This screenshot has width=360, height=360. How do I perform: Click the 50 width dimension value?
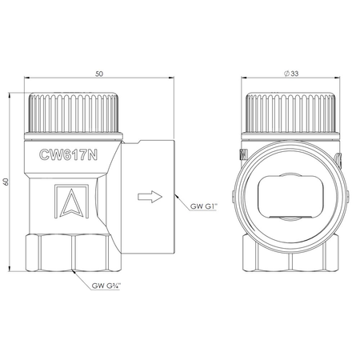click(x=99, y=74)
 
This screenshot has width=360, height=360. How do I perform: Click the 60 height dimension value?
click(x=6, y=182)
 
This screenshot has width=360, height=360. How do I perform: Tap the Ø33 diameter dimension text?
click(x=291, y=74)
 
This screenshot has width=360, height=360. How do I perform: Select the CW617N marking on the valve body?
click(x=68, y=154)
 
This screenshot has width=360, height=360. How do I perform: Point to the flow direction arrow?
click(x=150, y=197)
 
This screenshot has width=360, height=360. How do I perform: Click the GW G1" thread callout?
click(x=204, y=206)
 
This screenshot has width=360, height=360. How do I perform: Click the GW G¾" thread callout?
click(x=106, y=286)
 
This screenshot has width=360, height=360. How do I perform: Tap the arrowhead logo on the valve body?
click(x=71, y=202)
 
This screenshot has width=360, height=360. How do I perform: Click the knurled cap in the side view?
click(x=74, y=113)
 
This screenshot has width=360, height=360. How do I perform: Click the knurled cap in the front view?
click(x=290, y=113)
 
